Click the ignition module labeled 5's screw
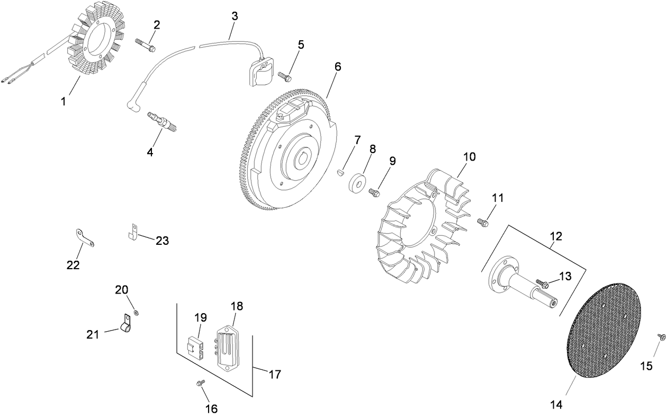[x=285, y=77]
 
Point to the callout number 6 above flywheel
[x=337, y=67]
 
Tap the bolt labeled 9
[x=374, y=192]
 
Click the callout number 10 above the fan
[x=469, y=157]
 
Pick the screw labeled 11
[x=483, y=223]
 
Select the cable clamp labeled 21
[x=127, y=325]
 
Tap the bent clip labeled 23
[x=134, y=232]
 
